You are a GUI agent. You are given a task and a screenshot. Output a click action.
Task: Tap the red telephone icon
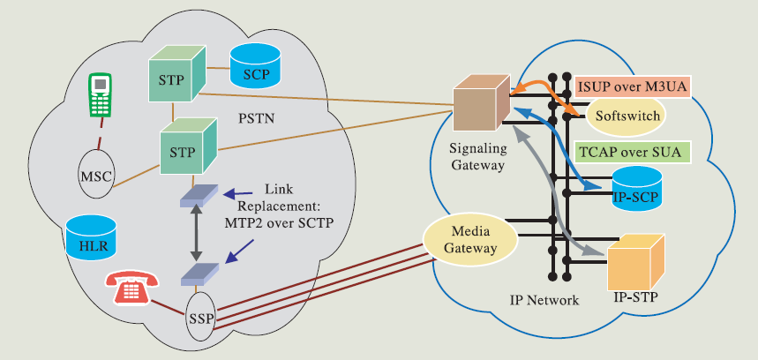(x=131, y=289)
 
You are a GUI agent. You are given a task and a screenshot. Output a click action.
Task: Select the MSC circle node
(x=97, y=176)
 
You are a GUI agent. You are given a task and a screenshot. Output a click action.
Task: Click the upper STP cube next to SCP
(x=175, y=75)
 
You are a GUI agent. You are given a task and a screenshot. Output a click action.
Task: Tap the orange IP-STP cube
(x=636, y=261)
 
